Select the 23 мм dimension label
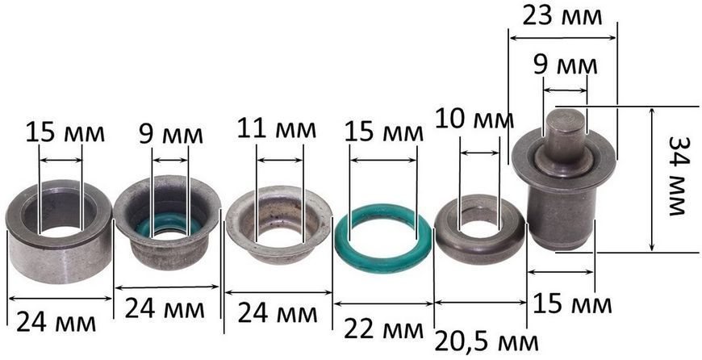point(562,16)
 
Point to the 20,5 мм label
point(487,342)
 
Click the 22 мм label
point(383,330)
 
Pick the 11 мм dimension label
point(276,128)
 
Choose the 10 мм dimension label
point(474,119)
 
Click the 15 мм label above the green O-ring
point(384,132)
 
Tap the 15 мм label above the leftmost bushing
point(65,133)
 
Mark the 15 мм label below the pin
point(572,304)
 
